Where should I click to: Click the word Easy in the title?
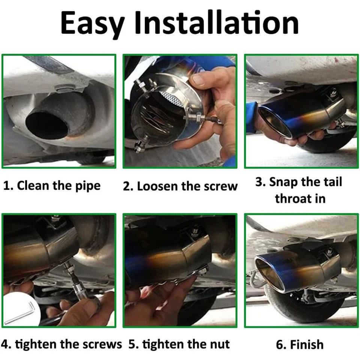click(92, 23)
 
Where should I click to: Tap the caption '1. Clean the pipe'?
click(52, 186)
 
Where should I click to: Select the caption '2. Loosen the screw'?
click(180, 186)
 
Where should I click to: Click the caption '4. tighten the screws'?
click(61, 344)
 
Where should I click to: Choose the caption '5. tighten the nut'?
click(179, 344)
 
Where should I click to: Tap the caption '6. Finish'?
click(300, 344)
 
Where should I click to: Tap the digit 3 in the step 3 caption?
click(259, 182)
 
